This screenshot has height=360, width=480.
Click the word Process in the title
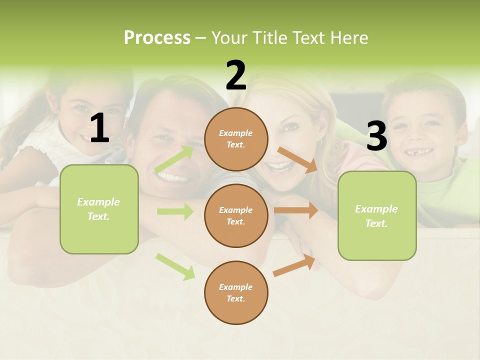pyautogui.click(x=157, y=38)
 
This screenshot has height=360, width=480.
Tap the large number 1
pyautogui.click(x=99, y=128)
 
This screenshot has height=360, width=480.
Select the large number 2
pyautogui.click(x=236, y=75)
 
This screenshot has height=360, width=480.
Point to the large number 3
pyautogui.click(x=376, y=136)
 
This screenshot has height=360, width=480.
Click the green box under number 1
pyautogui.click(x=99, y=209)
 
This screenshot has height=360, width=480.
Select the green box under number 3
pyautogui.click(x=377, y=216)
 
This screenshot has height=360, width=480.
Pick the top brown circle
pyautogui.click(x=236, y=139)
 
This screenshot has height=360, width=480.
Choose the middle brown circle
pyautogui.click(x=236, y=216)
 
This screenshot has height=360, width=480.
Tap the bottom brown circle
pyautogui.click(x=236, y=293)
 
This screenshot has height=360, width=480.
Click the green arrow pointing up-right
pyautogui.click(x=174, y=159)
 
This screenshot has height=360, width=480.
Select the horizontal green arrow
pyautogui.click(x=175, y=211)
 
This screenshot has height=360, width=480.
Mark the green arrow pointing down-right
pyautogui.click(x=175, y=266)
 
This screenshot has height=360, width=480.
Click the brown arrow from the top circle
pyautogui.click(x=297, y=159)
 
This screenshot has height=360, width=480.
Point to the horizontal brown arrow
pyautogui.click(x=296, y=210)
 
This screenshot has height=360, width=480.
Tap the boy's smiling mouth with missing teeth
pyautogui.click(x=418, y=151)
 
